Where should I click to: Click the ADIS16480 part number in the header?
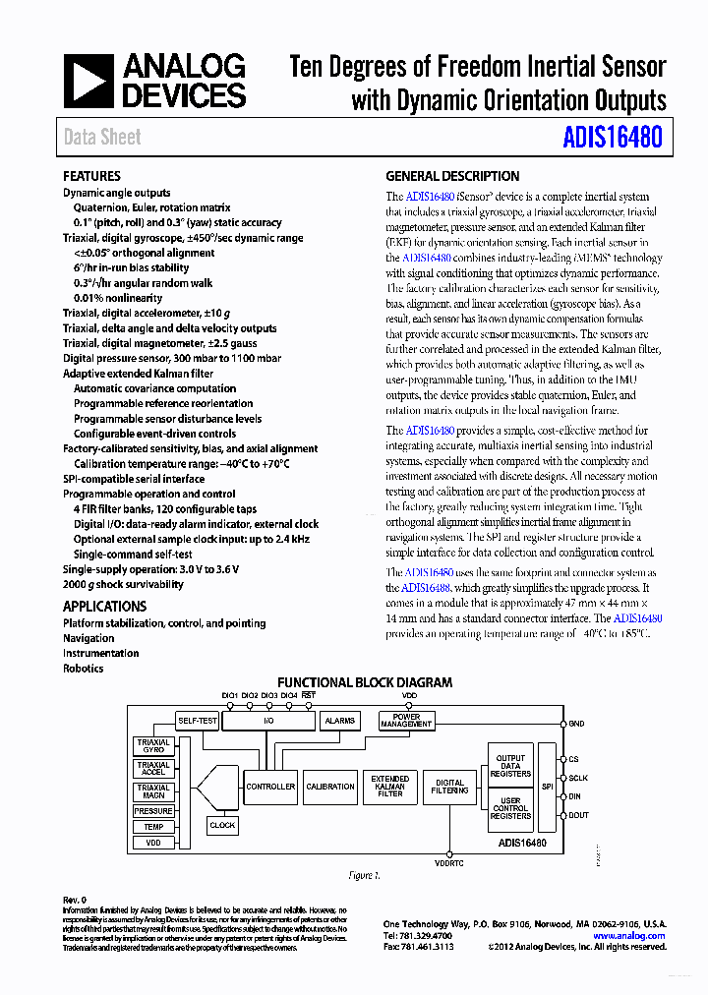point(612,138)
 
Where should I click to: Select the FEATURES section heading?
point(91,176)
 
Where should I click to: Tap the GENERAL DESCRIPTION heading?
point(452,176)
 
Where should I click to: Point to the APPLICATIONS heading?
point(104,606)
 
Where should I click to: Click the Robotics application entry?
point(83,669)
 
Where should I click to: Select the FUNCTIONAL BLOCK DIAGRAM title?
point(365,682)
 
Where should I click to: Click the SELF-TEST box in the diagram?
point(198,721)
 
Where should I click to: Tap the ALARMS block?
point(339,721)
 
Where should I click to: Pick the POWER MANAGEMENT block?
point(406,721)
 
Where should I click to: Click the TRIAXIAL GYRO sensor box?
point(154,746)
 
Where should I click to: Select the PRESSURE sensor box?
point(154,811)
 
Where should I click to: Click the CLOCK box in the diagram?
point(222,825)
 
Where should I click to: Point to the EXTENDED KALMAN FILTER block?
point(390,786)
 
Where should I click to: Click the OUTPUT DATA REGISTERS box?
point(510,766)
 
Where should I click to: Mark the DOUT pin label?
point(579,815)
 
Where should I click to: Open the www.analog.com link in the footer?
point(628,936)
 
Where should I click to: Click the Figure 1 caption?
point(364,875)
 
